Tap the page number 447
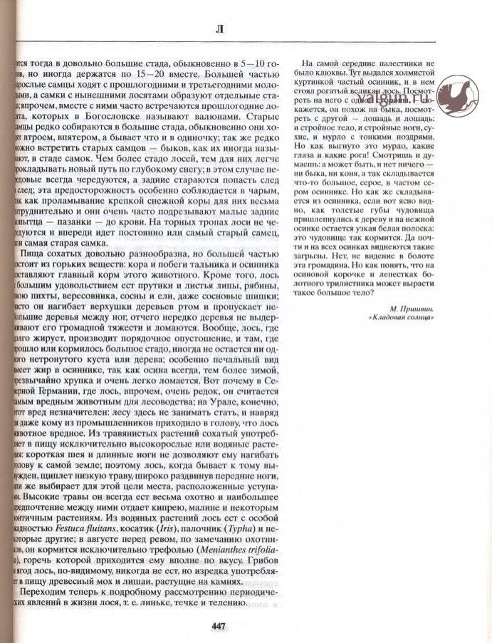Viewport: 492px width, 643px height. coord(219,626)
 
